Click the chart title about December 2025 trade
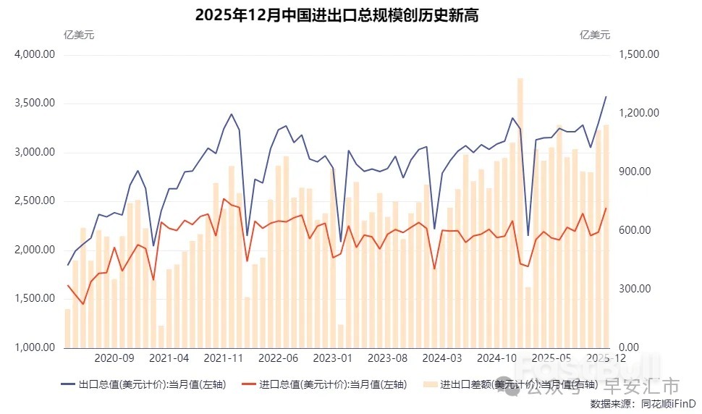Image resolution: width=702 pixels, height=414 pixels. pos(337,15)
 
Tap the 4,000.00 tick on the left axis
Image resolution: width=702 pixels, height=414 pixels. pos(34,54)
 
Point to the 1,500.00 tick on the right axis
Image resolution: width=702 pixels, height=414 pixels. pos(638,54)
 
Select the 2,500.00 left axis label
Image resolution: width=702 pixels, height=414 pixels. pos(34,200)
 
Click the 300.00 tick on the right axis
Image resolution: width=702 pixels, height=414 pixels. pos(634,289)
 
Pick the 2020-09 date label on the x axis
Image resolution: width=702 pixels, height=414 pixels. pos(114,358)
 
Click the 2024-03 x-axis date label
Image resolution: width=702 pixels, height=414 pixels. pos(441,358)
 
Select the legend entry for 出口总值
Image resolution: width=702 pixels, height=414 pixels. pos(152,384)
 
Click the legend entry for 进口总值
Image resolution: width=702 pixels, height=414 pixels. pos(333,384)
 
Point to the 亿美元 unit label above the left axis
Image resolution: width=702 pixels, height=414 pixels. pos(79,34)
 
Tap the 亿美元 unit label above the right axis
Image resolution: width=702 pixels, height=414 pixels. pos(595,34)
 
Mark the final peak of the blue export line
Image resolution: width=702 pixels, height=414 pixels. pos(606,97)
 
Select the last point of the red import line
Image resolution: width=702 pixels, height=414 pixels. pos(606,208)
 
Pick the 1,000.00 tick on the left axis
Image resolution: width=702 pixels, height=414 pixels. pos(34,347)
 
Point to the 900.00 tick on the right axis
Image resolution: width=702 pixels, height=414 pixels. pos(634,172)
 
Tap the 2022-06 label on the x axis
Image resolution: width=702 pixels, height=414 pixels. pos(278,358)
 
